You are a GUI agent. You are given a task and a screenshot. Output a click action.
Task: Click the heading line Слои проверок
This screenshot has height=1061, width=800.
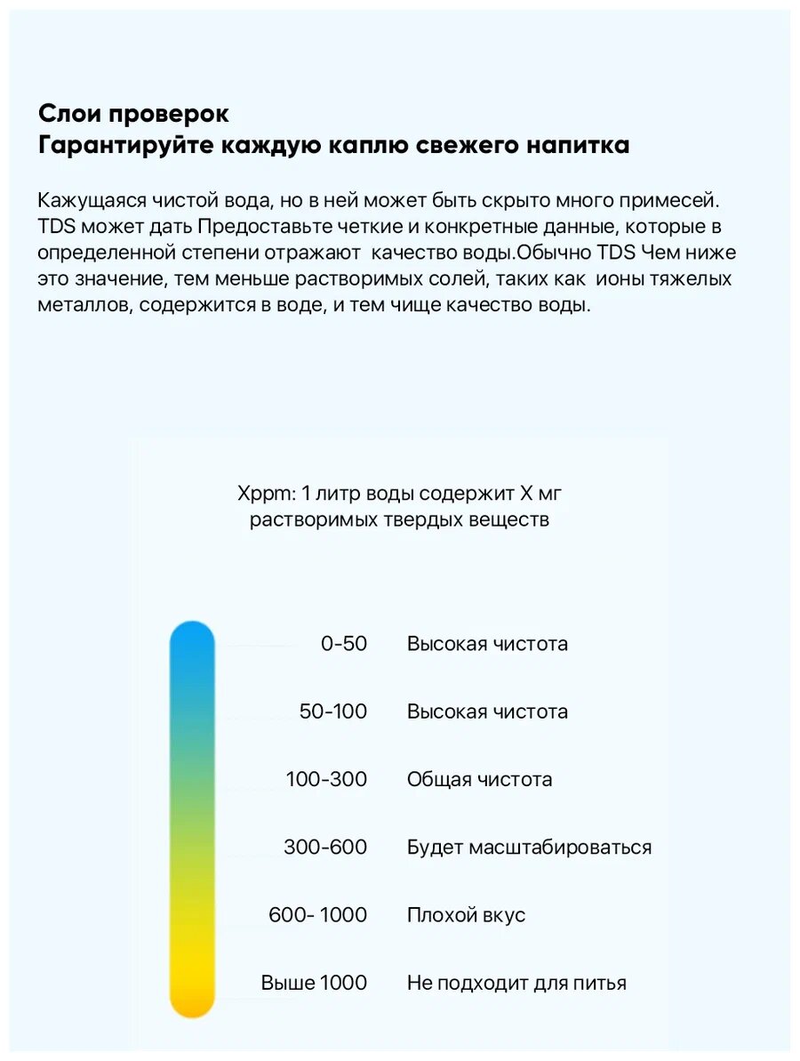coord(133,115)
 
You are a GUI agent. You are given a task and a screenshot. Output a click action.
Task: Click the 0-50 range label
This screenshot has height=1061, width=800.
coord(343,644)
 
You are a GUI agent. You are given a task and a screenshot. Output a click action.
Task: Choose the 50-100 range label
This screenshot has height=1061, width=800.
coord(333,711)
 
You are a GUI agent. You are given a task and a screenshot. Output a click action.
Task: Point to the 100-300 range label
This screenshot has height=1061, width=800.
coord(326,780)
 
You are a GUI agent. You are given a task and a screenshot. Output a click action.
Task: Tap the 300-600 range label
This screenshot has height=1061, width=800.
coord(325,848)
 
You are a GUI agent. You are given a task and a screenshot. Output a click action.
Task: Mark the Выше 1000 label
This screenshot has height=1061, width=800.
coord(314,983)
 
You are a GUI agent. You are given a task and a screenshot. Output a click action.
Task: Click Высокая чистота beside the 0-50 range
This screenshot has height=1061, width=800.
coord(487,644)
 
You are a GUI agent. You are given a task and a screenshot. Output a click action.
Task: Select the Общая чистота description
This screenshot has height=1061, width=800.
coord(479,780)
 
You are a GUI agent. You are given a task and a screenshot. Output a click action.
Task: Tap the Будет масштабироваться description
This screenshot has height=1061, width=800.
coord(529,848)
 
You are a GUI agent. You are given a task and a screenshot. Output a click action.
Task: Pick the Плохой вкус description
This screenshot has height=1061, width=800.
coord(466,915)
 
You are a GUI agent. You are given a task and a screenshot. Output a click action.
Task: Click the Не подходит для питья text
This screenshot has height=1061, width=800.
coord(516,983)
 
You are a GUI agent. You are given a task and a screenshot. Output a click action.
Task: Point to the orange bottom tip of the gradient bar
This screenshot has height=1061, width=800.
coord(192,1005)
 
